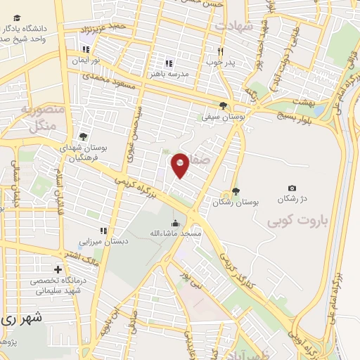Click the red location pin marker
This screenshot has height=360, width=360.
point(180,165)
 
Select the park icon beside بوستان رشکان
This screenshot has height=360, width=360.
point(236,191)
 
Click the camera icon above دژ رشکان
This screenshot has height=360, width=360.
point(292,188)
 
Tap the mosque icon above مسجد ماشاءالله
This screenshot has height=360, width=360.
point(175,223)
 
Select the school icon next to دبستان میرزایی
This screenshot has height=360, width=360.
point(103,231)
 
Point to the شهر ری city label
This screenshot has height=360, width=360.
point(21,318)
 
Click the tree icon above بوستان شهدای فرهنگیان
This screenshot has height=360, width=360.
point(84,136)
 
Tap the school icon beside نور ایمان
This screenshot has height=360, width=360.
point(86,50)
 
